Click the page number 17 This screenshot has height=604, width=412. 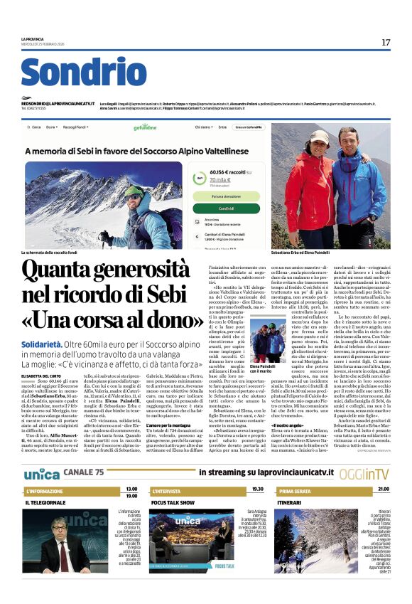coord(386,43)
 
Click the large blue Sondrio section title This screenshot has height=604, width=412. coord(83,73)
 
